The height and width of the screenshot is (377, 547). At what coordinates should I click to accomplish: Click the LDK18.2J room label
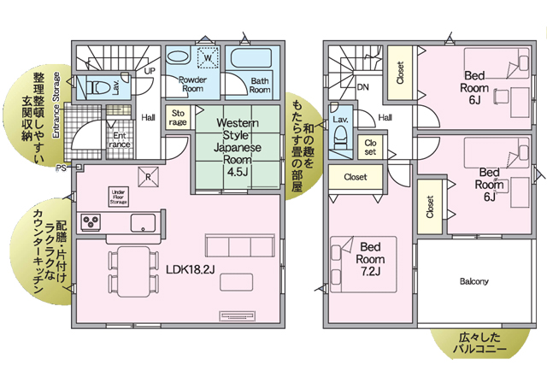point(190,269)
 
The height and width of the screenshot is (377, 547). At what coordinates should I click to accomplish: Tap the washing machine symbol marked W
point(208,57)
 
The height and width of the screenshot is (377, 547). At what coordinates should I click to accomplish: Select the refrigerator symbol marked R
point(148,177)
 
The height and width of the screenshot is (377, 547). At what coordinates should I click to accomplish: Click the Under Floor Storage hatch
point(119,197)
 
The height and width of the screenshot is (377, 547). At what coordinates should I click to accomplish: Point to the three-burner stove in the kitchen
point(91,222)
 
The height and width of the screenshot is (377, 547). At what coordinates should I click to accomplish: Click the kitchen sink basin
point(143,223)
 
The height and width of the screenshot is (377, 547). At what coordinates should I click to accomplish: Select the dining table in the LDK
point(133,272)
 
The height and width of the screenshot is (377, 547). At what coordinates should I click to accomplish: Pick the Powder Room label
point(192,84)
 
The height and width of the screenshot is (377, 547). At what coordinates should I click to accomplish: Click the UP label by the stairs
point(150,71)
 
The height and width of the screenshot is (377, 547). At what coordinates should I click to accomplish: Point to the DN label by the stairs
point(362,87)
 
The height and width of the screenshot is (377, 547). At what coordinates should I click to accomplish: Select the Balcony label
point(473,281)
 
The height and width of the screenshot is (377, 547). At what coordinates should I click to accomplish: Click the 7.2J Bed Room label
point(370,259)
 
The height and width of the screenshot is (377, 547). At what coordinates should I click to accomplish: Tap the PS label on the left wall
point(61,168)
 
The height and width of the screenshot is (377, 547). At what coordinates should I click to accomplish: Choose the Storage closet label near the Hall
point(178,118)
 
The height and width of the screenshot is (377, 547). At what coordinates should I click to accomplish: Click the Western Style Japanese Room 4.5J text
point(238,147)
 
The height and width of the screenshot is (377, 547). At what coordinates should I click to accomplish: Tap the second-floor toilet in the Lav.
point(340,138)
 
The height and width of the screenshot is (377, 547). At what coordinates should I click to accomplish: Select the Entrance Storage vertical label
point(56,104)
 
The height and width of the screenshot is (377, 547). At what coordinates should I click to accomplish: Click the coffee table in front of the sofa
point(236,282)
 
